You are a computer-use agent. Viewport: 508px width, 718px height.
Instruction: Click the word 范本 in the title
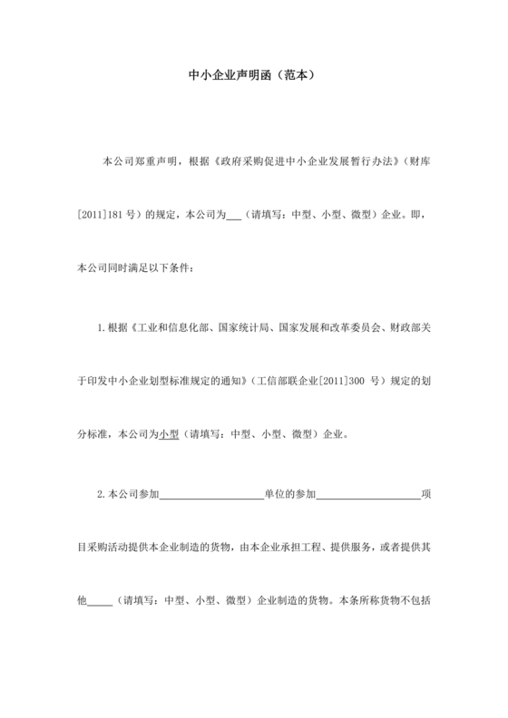(297, 76)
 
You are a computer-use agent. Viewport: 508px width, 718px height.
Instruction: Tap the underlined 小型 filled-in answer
(170, 434)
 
